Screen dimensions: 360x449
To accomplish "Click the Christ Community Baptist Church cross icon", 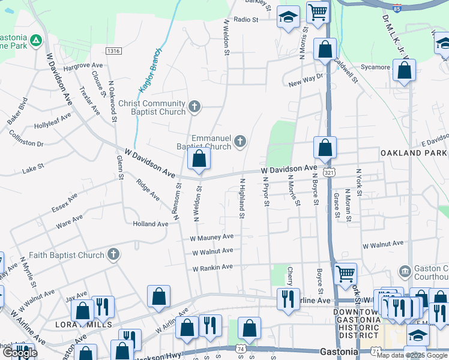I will (194, 107).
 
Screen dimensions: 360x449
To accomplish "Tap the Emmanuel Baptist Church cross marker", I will (240, 142).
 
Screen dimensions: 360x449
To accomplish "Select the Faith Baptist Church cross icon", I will (113, 255).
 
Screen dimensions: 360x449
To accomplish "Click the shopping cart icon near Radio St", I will (317, 11).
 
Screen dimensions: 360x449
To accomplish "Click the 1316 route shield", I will (113, 52).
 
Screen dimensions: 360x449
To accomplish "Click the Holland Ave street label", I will (150, 224).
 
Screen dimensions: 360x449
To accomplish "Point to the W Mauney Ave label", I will (212, 237).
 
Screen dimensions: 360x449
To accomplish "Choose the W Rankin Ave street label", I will (212, 268).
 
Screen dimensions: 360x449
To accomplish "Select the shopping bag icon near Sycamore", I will (405, 70).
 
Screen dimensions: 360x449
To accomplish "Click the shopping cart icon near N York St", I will (345, 274).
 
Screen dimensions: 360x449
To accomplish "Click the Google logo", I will (19, 353).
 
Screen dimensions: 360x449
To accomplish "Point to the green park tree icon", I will (36, 40).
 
